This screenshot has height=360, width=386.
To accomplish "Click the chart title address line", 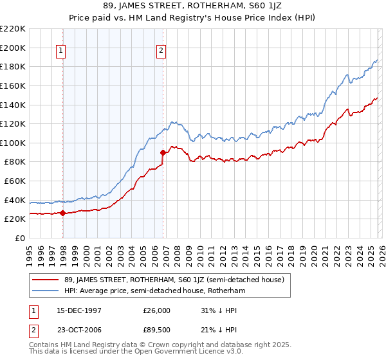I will [193, 6].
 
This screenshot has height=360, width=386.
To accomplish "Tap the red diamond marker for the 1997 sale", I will [62, 213].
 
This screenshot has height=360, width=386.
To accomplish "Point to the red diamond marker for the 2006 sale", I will [163, 153].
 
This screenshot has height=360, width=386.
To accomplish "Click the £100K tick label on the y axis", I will [13, 143].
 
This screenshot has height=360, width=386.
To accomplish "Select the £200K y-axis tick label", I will [13, 48].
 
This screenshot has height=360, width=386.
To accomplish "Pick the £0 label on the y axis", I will [19, 238].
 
